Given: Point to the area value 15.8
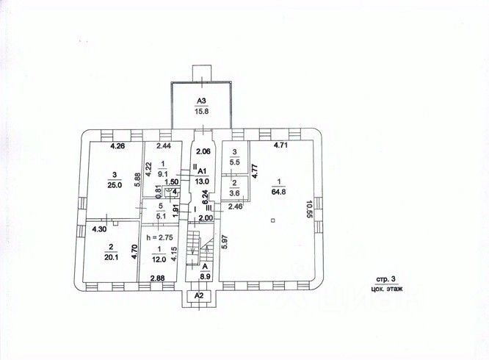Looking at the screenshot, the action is (x=201, y=111).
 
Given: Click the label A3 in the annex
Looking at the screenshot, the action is (x=201, y=101).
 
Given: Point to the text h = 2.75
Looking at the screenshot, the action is (x=159, y=239).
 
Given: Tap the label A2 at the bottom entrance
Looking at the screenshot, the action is (x=198, y=295).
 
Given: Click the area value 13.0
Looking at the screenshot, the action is (x=202, y=180).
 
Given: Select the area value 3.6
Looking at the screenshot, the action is (x=235, y=192).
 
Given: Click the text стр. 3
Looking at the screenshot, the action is (x=386, y=280).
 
